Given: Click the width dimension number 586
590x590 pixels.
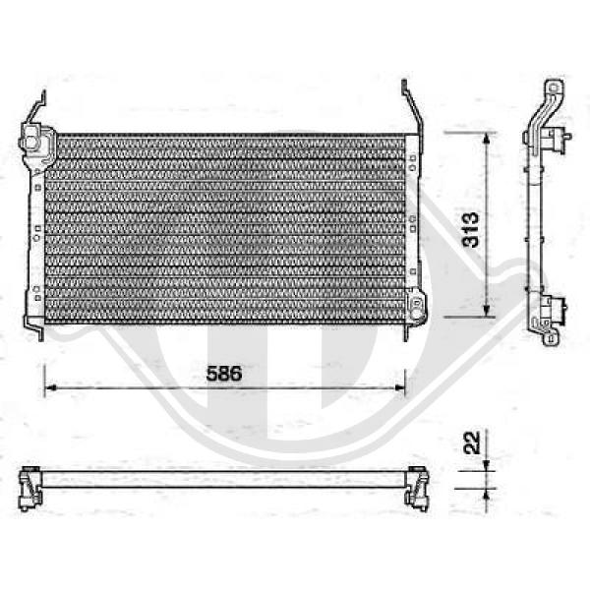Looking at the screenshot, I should (223, 374).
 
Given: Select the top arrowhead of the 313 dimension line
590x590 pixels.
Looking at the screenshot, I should (487, 139).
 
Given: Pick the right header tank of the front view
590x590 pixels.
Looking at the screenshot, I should (412, 216).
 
